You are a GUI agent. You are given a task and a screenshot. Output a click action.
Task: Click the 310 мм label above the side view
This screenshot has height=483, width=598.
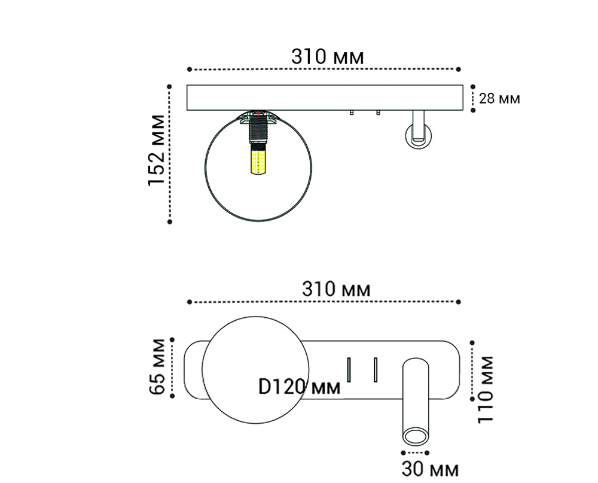[x=327, y=57]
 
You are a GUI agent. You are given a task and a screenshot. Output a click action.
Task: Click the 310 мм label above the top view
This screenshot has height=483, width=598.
[x=335, y=290]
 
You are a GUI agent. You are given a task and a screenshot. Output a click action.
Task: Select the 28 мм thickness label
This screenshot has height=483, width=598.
[x=500, y=98]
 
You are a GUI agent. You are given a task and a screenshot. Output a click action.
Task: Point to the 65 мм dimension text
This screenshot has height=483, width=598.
[x=157, y=366]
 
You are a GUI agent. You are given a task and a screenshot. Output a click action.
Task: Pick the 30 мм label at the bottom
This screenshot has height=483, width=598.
[x=430, y=469]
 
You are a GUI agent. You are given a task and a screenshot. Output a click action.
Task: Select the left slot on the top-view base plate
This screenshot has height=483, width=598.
[x=348, y=369]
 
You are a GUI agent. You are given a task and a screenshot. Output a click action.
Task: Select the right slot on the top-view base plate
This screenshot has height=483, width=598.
[x=375, y=369]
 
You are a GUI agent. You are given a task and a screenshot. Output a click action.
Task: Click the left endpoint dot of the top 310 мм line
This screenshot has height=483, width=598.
[x=188, y=69]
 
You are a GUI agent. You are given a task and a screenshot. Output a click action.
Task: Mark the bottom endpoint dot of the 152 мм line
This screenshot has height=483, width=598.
[x=170, y=221]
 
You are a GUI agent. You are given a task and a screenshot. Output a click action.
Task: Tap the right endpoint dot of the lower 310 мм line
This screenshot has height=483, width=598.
[x=459, y=302]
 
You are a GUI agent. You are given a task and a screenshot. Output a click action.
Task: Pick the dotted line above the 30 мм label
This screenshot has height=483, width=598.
[x=416, y=452]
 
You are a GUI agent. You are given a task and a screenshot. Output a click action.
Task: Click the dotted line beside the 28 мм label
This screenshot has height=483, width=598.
[x=473, y=98]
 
